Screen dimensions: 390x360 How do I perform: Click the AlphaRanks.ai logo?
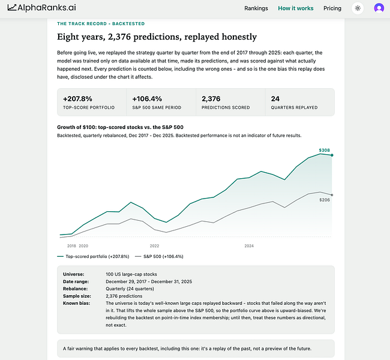point(42,8)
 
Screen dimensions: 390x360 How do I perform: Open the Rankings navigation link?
point(256,8)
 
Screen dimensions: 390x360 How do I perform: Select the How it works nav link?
point(295,8)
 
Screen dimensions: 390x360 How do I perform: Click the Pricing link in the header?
point(332,8)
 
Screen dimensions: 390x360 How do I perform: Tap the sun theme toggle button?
point(358,8)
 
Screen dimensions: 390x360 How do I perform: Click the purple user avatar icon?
point(379,8)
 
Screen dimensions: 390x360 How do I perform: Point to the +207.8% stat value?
point(77,99)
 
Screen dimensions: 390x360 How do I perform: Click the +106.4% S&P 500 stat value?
point(147,99)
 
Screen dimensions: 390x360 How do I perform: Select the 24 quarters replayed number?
point(275,99)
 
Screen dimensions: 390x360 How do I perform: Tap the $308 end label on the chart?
point(325,150)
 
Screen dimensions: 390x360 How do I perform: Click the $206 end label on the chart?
point(325,200)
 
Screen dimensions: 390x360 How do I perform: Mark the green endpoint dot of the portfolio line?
point(332,155)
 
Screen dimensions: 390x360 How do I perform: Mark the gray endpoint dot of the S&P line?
point(332,195)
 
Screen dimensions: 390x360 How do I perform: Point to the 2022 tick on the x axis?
point(154,246)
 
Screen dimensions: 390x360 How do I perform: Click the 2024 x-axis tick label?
point(249,246)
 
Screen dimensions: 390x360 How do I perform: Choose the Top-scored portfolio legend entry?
point(93,257)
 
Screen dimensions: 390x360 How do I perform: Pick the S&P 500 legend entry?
point(159,257)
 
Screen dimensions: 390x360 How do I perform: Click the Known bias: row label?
point(76,303)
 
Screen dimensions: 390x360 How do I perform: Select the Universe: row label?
point(73,274)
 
